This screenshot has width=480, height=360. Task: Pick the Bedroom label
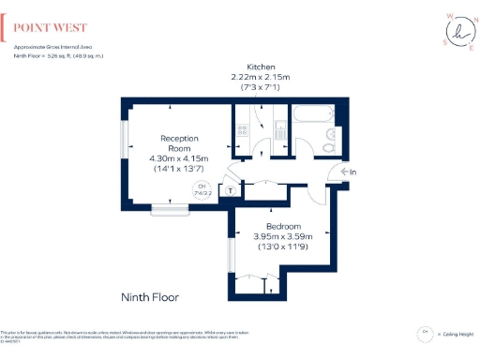tap(282, 227)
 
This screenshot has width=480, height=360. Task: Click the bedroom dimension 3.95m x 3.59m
tap(282, 237)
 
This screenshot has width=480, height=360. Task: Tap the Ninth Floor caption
tap(150, 297)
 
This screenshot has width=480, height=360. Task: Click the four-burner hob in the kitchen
tap(243, 132)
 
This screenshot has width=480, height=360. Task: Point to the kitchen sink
tap(278, 130)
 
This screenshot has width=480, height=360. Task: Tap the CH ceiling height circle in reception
tap(201, 189)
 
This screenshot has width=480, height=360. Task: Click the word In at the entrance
tap(352, 172)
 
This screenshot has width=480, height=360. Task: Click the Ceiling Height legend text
tap(457, 334)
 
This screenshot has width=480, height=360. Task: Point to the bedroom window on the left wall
tap(231, 253)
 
